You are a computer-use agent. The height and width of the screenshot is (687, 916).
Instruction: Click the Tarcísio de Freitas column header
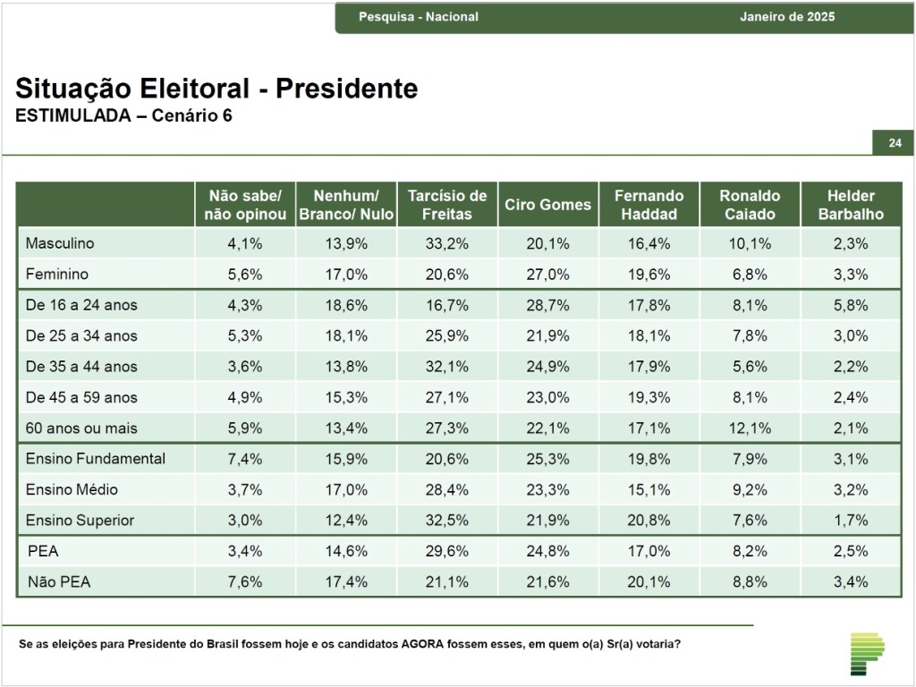447,205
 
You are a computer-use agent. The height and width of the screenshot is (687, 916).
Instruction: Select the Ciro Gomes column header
548,205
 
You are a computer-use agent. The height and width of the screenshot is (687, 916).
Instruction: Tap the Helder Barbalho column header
851,205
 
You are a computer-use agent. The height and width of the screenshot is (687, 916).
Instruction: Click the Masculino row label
60,243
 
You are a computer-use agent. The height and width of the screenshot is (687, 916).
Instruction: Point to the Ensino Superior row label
80,520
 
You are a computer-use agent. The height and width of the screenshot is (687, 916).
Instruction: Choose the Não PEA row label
59,581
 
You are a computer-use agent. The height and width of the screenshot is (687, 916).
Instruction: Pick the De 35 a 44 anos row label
81,366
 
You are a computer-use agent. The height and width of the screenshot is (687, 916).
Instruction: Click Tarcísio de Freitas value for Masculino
447,243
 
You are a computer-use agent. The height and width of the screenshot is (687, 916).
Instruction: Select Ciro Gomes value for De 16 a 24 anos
548,305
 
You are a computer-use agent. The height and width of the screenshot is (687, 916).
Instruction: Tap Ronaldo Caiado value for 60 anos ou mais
750,428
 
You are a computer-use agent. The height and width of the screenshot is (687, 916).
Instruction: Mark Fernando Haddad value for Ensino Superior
649,520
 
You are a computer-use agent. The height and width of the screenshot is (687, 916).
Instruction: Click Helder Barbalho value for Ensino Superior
851,520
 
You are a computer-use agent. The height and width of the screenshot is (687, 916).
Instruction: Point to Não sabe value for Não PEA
245,581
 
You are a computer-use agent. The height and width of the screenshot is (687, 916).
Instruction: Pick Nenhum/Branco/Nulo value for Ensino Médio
346,489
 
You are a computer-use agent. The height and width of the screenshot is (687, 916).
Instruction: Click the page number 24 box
894,142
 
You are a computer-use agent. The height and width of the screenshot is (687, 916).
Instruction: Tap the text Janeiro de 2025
787,17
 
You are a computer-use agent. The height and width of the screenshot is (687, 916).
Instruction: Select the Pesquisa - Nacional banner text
419,17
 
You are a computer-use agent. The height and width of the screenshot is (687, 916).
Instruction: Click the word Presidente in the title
346,89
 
